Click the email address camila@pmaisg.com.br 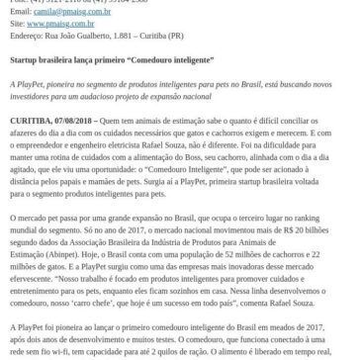[x=54, y=5]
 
